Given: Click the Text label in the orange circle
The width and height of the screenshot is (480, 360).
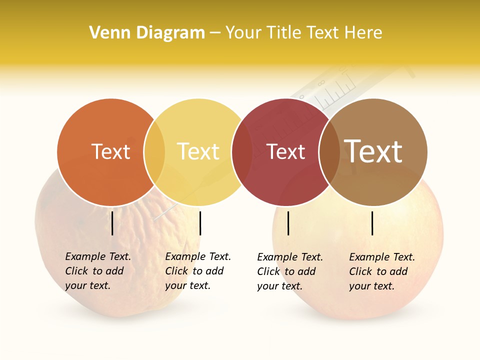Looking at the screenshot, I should [110, 152].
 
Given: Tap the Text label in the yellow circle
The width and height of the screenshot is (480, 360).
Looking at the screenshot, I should [198, 152].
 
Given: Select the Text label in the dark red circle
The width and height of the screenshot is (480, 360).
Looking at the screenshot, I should [285, 152].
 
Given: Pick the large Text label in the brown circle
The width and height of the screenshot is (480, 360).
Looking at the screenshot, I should [373, 151].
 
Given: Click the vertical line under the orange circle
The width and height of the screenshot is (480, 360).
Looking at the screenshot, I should [112, 223].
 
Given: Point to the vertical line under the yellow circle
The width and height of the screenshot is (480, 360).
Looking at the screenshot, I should [200, 223].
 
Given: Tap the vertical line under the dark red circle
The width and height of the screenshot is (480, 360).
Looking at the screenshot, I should [288, 223].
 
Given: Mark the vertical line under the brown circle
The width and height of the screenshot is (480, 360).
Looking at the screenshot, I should [372, 223].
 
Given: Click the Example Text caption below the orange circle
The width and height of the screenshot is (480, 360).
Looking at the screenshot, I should [98, 271].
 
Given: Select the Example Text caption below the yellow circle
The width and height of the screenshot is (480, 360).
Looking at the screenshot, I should [198, 271].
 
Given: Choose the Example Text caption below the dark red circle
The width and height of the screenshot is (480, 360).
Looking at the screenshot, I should [290, 271].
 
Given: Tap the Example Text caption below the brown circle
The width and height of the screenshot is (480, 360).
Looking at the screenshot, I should [382, 271].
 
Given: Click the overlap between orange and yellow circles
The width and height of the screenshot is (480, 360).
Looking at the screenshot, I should [154, 152].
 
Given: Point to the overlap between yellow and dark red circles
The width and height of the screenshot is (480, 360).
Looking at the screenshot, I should [242, 152].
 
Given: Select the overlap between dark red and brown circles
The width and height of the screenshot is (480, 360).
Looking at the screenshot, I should [329, 152].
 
